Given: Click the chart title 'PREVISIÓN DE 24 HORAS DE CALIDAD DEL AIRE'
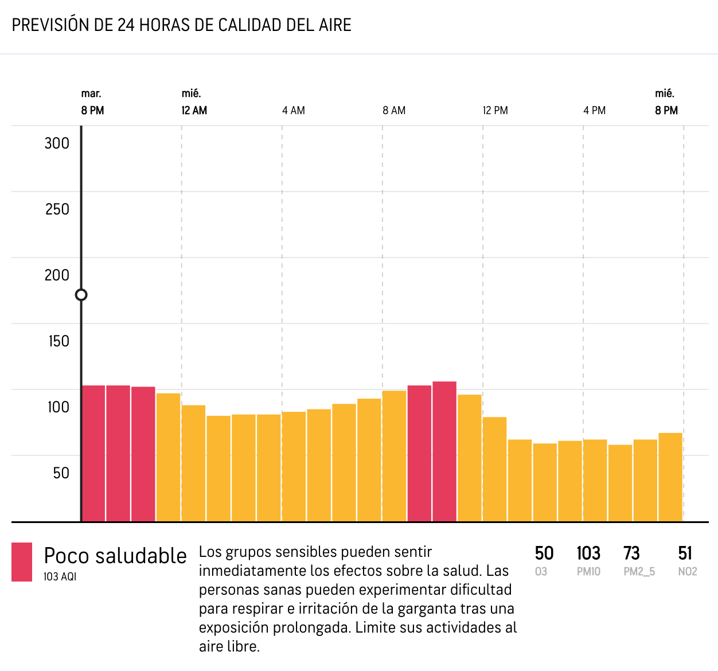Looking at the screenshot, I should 181,25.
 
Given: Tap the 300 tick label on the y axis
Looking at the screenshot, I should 57,143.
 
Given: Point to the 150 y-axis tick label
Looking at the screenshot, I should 58,341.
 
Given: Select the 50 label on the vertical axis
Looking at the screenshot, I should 61,473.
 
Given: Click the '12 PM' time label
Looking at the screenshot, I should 495,111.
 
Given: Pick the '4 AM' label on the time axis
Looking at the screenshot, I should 294,111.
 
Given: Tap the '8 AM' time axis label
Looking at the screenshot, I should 394,111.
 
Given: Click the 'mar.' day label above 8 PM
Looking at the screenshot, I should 91,93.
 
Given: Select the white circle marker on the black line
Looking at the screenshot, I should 81,295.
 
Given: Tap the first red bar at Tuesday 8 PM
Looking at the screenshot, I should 93,453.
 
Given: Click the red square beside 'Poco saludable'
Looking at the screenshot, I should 22,562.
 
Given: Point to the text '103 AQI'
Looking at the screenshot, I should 60,577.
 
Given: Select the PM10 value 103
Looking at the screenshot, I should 588,553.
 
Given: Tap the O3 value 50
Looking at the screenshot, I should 544,553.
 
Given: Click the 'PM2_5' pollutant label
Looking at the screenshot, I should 639,572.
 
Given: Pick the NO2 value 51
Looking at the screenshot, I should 685,553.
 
